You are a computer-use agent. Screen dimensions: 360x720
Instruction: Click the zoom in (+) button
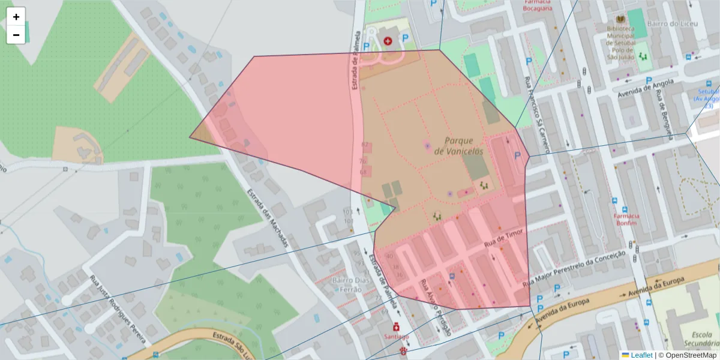pyautogui.click(x=16, y=17)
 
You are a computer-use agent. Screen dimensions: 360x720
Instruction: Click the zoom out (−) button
pyautogui.click(x=16, y=35)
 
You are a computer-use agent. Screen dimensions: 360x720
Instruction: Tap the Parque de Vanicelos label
pyautogui.click(x=463, y=146)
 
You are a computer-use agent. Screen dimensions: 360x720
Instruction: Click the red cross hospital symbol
pyautogui.click(x=388, y=41)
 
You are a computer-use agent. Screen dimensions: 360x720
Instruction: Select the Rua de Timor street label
pyautogui.click(x=505, y=238)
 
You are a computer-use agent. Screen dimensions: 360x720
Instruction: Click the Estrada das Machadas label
pyautogui.click(x=268, y=218)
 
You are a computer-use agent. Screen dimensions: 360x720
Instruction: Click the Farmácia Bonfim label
pyautogui.click(x=626, y=219)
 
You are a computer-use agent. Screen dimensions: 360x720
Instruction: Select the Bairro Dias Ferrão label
pyautogui.click(x=346, y=285)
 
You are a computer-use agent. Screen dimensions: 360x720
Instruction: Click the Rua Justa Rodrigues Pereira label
pyautogui.click(x=118, y=310)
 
